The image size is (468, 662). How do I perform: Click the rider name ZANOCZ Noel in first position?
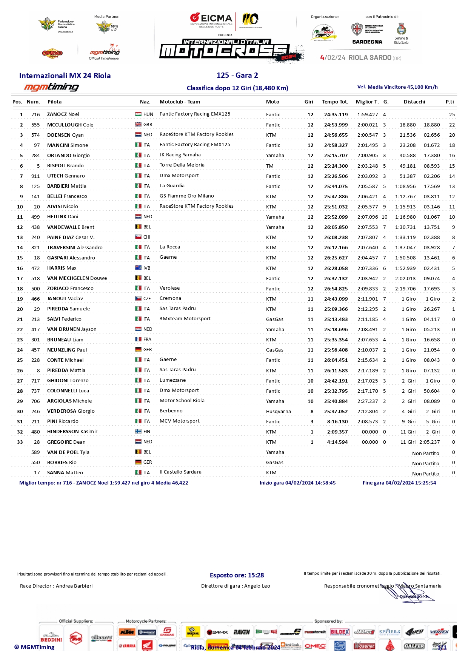[x=63, y=114]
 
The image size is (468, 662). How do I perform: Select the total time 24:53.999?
[x=336, y=125]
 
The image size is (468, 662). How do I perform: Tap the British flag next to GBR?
[x=138, y=125]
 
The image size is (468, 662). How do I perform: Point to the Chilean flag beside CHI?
[x=138, y=237]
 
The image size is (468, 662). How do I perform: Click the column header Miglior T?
[x=367, y=102]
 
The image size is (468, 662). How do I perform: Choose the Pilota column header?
[x=54, y=102]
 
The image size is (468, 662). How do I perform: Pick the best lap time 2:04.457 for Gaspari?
[x=367, y=258]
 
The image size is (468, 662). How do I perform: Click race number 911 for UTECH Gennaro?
[x=35, y=176]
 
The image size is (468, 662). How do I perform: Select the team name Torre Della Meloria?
[x=182, y=165]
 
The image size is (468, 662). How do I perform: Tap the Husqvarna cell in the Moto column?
[x=278, y=411]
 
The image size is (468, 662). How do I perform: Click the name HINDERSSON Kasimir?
[x=72, y=432]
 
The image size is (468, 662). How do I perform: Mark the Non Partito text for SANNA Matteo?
[x=425, y=474]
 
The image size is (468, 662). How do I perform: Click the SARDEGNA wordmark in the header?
[x=367, y=42]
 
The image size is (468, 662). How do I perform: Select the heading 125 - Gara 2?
[x=237, y=75]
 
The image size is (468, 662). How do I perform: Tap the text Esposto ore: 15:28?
[x=237, y=575]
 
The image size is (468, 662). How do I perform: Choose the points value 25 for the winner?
[x=452, y=114]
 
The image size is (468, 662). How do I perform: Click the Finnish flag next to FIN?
[x=138, y=431]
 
